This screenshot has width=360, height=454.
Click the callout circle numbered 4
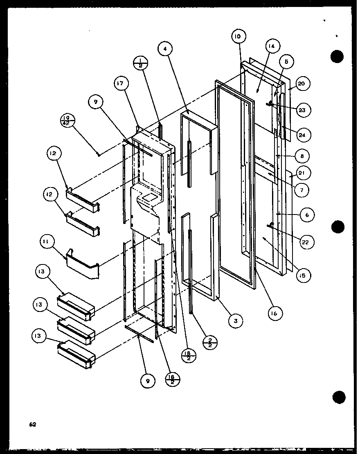tap(165, 49)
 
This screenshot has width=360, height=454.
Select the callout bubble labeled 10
tap(238, 36)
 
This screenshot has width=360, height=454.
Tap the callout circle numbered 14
tap(272, 46)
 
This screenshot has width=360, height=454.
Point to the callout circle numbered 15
tap(302, 275)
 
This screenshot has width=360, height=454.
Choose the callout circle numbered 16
tap(274, 314)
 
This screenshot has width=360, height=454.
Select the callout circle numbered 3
tap(236, 321)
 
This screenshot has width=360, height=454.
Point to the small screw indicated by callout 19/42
tap(98, 154)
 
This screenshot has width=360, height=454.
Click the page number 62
tap(33, 425)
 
